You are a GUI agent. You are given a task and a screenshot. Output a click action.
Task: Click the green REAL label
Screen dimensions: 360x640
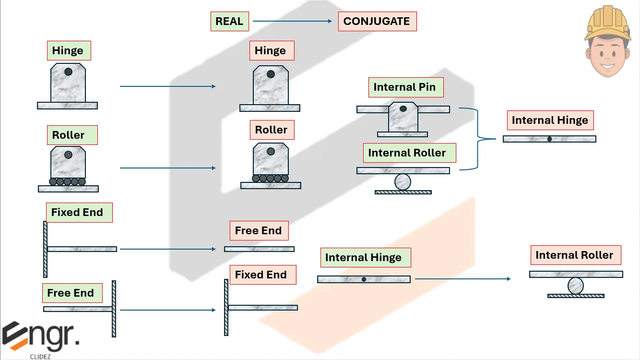[229, 22]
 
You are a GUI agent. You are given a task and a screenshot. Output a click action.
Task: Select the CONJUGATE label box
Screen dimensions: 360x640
[377, 22]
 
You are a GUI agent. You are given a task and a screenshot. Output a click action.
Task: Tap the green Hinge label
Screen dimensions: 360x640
[69, 50]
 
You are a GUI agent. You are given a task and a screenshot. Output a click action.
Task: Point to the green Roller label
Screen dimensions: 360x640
[72, 135]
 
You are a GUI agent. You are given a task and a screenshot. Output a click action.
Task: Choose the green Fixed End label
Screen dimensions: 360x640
[79, 212]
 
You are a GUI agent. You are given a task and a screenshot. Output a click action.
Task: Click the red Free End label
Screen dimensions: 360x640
[259, 230]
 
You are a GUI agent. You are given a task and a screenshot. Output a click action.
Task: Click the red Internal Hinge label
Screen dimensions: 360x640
[550, 120]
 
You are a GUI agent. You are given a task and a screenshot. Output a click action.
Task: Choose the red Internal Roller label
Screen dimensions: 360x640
[575, 255]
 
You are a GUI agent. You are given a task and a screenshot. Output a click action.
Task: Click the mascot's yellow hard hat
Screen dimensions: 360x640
[607, 22]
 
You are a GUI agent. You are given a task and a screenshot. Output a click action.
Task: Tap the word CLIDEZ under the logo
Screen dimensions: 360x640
[40, 356]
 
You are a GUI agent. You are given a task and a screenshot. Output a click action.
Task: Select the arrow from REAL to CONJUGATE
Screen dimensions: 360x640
[292, 21]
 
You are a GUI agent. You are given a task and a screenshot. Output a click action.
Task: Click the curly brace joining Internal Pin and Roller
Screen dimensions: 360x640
[480, 139]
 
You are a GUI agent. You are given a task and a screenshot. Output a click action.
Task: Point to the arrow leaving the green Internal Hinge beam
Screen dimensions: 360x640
[462, 279]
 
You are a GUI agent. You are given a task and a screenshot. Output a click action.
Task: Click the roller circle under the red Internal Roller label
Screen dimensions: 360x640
[576, 286]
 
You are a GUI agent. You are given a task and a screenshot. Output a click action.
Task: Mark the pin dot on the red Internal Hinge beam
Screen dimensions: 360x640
[549, 139]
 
